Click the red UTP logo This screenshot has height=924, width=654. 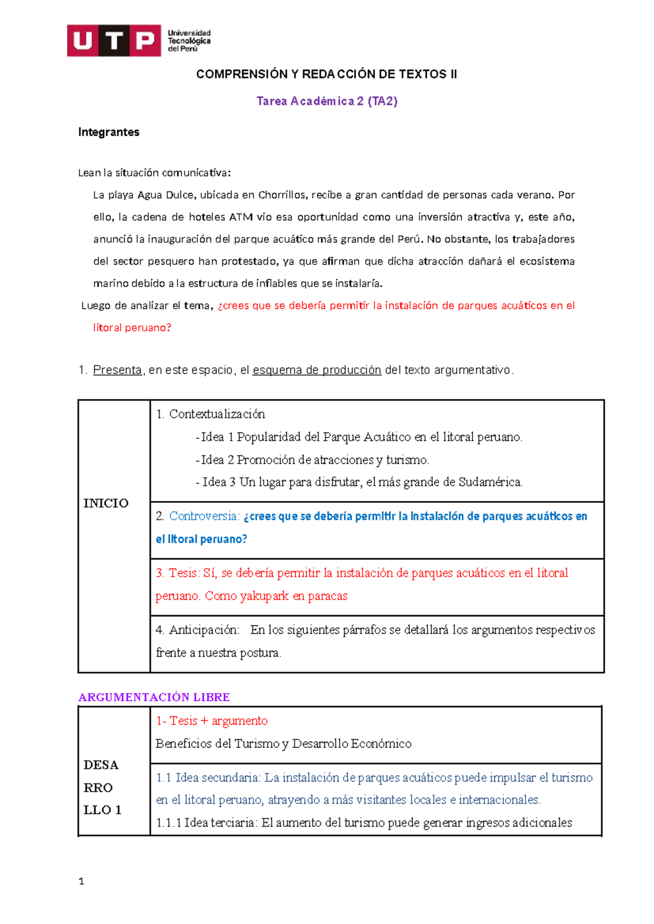[114, 40]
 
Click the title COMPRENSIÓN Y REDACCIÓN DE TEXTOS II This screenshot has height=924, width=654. [326, 74]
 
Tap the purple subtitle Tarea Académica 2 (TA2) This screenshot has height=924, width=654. [327, 101]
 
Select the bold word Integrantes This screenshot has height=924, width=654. [108, 132]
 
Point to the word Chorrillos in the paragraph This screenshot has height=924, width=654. [282, 195]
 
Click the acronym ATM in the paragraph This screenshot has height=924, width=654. [240, 217]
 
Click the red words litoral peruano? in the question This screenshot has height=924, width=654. [132, 328]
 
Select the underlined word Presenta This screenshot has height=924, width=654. [117, 370]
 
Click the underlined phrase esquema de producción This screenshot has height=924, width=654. [317, 370]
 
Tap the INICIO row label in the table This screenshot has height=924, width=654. [106, 503]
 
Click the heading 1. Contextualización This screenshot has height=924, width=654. [210, 414]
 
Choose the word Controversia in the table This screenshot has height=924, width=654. [204, 516]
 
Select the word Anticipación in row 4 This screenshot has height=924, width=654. [204, 630]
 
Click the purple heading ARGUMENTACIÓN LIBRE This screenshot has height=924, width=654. [154, 697]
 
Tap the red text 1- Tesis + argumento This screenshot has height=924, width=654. [211, 721]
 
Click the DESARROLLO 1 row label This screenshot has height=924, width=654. [101, 787]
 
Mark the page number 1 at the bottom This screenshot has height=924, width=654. [81, 882]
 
